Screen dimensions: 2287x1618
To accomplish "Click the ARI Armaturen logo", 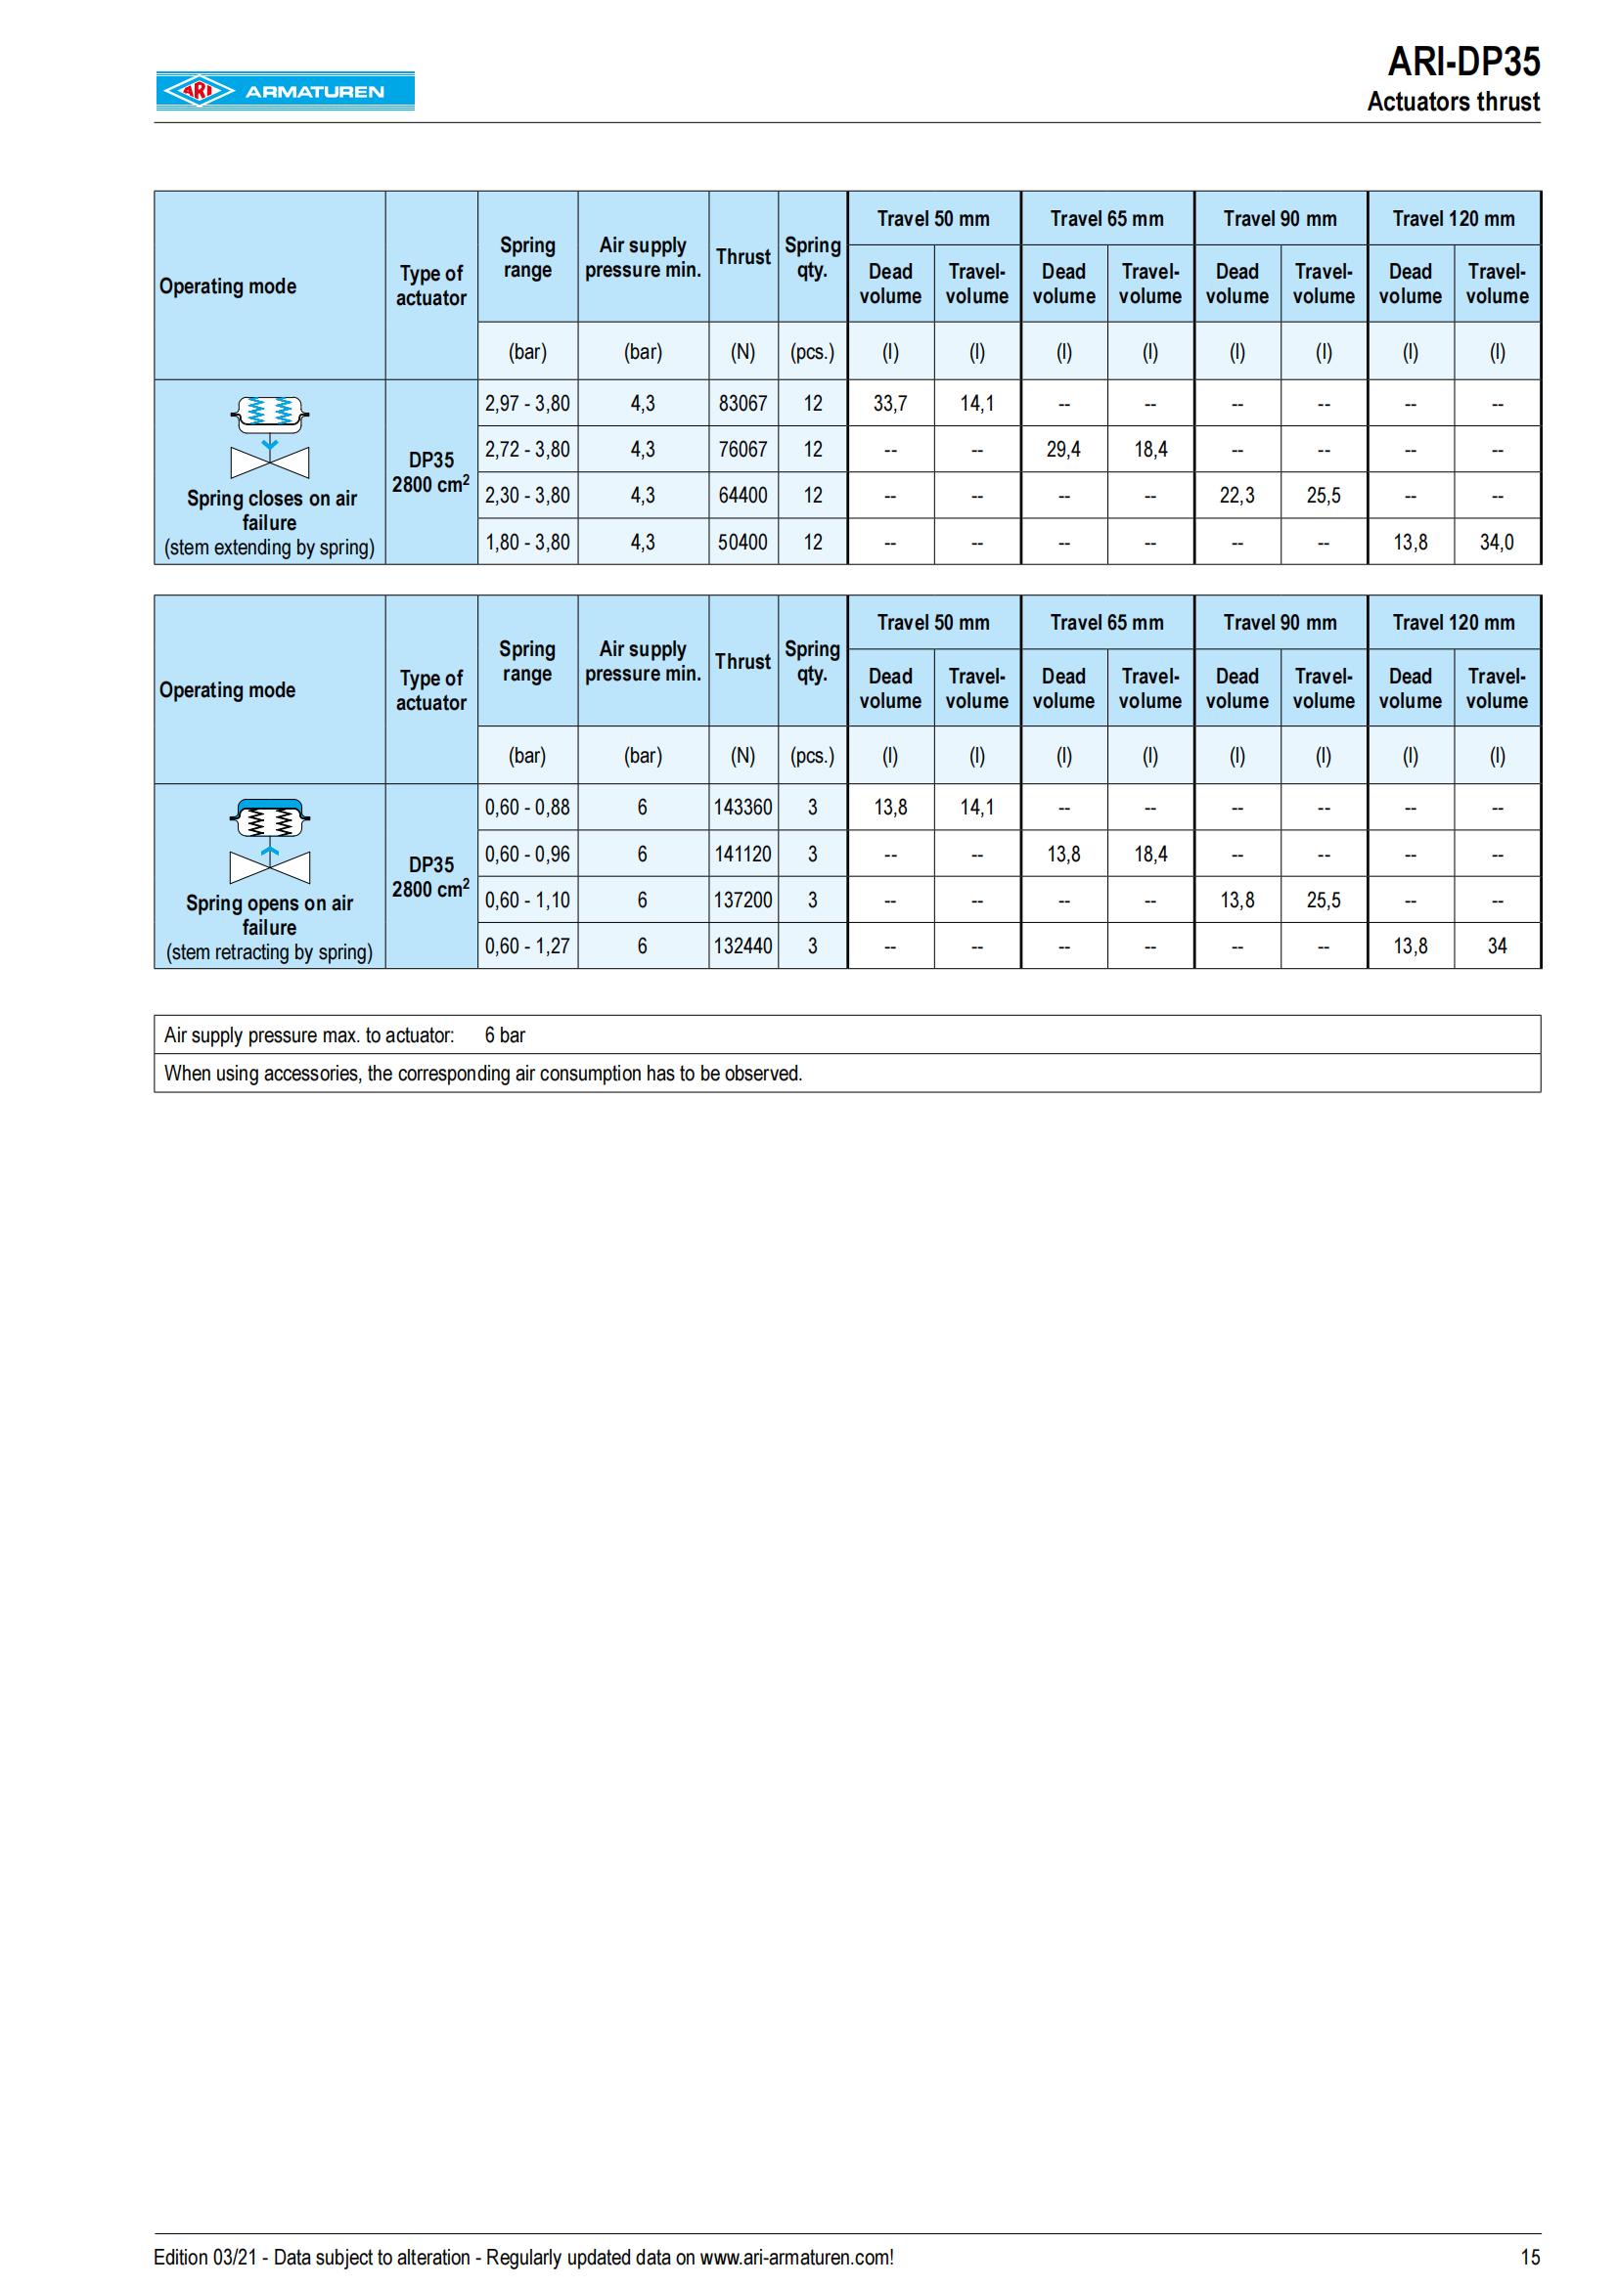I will (284, 91).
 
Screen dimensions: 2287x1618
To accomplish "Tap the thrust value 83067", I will (742, 404).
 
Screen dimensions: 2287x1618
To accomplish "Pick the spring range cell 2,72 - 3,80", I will (527, 449).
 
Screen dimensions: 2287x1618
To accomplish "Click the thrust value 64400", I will (742, 495).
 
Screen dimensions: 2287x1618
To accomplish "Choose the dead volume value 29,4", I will (1063, 449).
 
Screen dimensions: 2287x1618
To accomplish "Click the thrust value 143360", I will (742, 807).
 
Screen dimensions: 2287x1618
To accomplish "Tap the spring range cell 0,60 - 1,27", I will (527, 946).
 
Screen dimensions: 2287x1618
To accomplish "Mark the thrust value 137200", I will (742, 900).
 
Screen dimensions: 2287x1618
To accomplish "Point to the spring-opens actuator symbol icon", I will (269, 841).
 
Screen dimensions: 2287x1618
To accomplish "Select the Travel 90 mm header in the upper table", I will (1280, 218).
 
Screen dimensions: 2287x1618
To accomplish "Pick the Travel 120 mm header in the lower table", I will (1453, 623).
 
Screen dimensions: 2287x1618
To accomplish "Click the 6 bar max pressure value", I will (504, 1034).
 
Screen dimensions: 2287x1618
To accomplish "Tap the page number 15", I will (1529, 2257).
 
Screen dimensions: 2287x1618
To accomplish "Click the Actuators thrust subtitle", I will (1453, 102).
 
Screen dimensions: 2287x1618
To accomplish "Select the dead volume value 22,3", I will (1236, 495).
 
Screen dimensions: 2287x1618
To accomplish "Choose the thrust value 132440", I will (742, 946).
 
